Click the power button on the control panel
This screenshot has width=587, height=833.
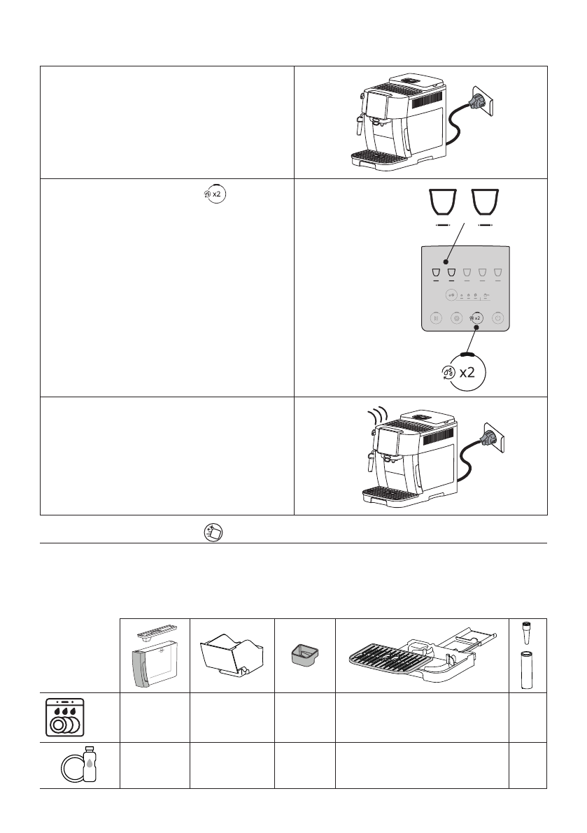(497, 318)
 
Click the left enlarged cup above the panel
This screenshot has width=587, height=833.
(441, 204)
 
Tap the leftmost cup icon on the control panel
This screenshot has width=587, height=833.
(435, 273)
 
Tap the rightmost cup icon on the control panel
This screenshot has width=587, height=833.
(497, 273)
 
